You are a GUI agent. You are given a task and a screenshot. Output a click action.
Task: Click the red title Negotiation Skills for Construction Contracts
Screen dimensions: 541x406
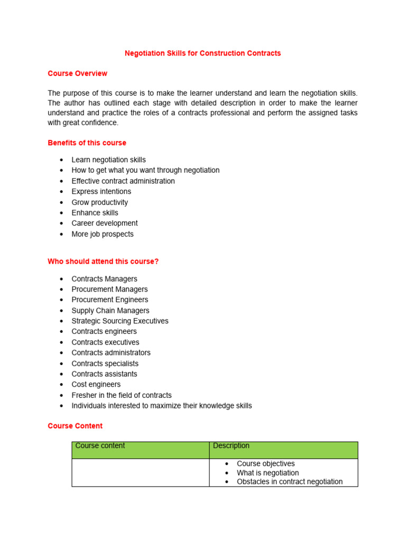(202, 53)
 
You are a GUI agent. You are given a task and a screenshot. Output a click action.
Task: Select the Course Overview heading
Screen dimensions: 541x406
(77, 73)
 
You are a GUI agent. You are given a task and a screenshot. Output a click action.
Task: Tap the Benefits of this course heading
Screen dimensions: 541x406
(87, 143)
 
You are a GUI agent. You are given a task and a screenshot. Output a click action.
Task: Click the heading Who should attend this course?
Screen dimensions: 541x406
(103, 261)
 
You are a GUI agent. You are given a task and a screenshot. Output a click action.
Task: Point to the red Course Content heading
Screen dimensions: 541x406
(75, 426)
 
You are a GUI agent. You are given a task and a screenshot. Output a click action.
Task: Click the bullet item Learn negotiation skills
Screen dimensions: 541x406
(108, 160)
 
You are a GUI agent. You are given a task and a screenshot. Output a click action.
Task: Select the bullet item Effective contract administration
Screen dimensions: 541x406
(123, 181)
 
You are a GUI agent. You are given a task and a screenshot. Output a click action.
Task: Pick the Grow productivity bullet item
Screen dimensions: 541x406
(99, 202)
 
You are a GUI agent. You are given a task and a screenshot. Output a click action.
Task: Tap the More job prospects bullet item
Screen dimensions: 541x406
(103, 234)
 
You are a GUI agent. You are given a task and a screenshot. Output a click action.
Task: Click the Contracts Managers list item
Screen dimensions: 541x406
(104, 278)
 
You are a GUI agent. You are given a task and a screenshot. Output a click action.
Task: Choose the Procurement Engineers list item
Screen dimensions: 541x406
(109, 300)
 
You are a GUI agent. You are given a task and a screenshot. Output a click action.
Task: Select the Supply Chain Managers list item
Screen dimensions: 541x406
(110, 311)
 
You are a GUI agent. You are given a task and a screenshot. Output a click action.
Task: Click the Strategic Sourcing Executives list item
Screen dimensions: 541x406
(120, 321)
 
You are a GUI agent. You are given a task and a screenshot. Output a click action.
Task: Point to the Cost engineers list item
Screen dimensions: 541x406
(96, 384)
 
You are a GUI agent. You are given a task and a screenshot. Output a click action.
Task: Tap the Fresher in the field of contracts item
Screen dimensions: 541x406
(122, 395)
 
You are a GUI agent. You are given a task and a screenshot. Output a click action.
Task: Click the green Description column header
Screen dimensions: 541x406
(231, 446)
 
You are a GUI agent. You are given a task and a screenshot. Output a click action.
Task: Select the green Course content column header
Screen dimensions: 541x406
(100, 446)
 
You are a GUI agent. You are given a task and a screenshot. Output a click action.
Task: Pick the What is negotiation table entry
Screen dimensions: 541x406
(267, 473)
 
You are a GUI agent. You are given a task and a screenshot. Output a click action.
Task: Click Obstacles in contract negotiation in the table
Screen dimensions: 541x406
(290, 482)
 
